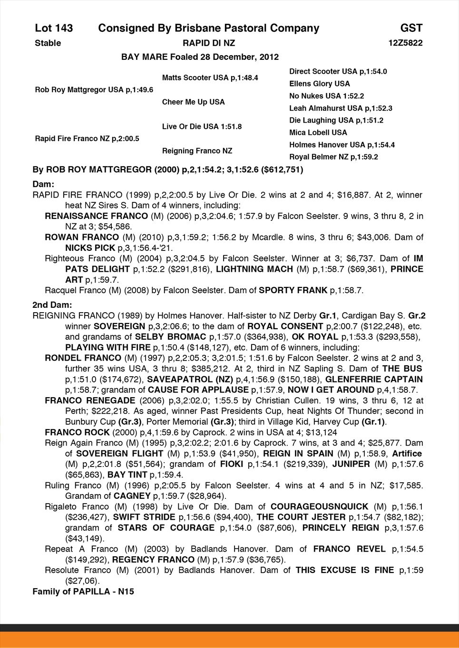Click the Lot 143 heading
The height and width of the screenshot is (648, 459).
(x=54, y=29)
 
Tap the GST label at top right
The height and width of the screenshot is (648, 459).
(x=411, y=29)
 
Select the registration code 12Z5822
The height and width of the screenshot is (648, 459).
(x=405, y=43)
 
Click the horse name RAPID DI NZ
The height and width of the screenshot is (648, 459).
(x=209, y=43)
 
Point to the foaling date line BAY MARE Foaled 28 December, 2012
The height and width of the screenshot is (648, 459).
(x=200, y=57)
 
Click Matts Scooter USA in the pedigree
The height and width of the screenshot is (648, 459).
(x=210, y=77)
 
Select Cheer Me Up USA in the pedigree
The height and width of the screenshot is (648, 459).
(x=193, y=102)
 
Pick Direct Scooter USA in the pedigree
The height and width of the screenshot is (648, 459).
(x=338, y=72)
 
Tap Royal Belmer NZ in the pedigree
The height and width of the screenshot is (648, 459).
(x=333, y=157)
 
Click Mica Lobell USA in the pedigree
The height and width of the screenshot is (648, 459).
(x=318, y=133)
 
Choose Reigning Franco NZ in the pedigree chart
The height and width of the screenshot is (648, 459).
(x=197, y=151)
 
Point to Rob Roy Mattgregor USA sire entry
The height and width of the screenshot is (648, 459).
(x=94, y=90)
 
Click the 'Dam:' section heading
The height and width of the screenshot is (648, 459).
(x=43, y=183)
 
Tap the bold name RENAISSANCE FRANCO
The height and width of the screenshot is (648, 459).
(x=89, y=216)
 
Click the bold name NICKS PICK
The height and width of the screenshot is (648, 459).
(x=90, y=248)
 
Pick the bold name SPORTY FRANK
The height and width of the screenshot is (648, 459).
(x=293, y=290)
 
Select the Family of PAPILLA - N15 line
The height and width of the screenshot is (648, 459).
(x=83, y=591)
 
